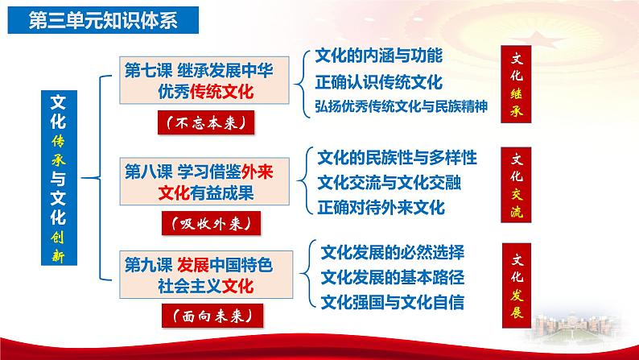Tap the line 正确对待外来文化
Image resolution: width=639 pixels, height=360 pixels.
(381, 206)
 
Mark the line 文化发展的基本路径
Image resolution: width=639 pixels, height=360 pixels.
(392, 277)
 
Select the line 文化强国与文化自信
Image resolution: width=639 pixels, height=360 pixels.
(392, 303)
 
